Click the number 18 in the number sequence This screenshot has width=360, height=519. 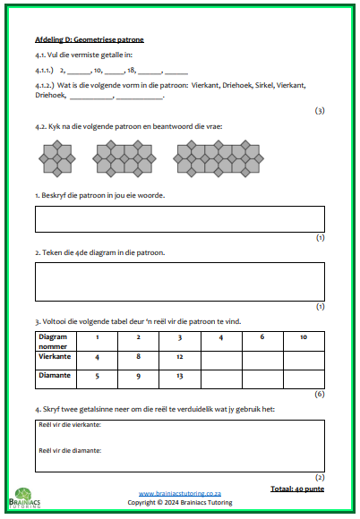131,69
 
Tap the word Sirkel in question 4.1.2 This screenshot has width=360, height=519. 235,85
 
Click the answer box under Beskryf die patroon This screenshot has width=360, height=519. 179,219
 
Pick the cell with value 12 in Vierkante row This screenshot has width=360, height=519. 179,357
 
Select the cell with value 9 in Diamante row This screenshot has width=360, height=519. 138,376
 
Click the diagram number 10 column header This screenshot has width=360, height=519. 304,337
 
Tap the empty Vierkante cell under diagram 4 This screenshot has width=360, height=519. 220,358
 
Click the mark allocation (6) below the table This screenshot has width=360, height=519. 319,394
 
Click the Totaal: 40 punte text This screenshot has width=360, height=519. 296,489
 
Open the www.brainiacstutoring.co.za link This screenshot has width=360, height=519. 180,494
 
